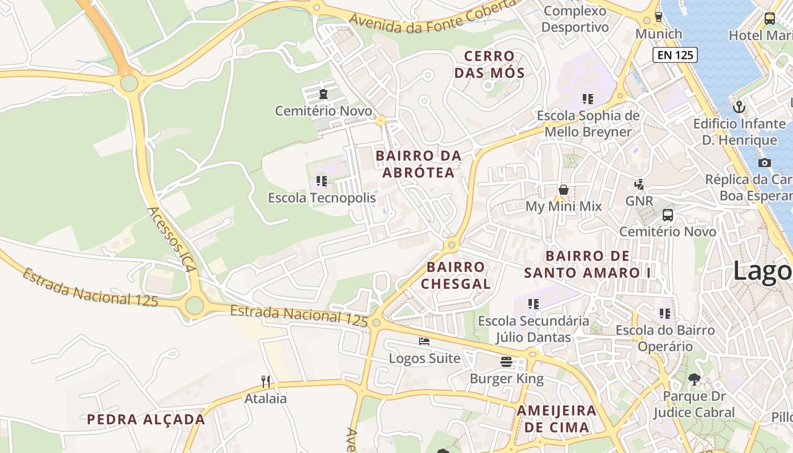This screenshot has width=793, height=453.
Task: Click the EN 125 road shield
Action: (x=675, y=55)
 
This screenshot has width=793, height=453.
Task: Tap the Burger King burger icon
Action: (x=506, y=362)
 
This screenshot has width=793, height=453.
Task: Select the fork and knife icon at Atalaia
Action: (x=265, y=381)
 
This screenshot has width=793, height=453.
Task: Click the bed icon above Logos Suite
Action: (x=424, y=341)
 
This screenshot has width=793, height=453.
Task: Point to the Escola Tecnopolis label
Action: (x=322, y=198)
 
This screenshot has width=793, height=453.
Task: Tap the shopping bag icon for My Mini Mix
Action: (x=563, y=190)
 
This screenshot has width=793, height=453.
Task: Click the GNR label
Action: (x=639, y=200)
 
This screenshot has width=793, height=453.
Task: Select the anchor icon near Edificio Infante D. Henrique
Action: (x=739, y=106)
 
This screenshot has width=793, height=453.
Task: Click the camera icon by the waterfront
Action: (x=764, y=163)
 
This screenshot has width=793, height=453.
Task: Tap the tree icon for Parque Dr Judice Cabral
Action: (x=694, y=379)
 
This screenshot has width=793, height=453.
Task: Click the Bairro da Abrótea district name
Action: (x=419, y=164)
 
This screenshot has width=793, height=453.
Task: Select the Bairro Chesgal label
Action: (x=455, y=275)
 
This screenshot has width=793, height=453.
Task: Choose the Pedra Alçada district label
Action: (x=146, y=420)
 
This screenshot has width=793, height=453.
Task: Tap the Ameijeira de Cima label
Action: (x=556, y=418)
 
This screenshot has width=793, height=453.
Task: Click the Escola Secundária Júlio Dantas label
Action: (x=533, y=329)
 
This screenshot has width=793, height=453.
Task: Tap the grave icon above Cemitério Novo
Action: (x=323, y=94)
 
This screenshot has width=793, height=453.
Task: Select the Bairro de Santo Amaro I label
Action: (x=588, y=264)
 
